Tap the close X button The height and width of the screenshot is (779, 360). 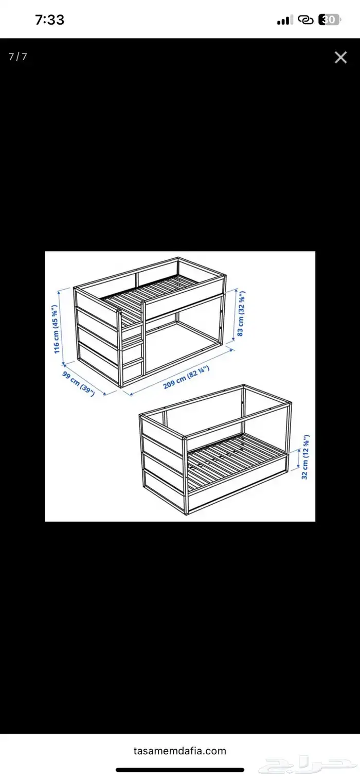click(x=340, y=58)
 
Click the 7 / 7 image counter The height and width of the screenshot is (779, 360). click(x=17, y=56)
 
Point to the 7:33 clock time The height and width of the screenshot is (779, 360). click(x=50, y=20)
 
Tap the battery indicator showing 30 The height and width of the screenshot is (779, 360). click(x=329, y=20)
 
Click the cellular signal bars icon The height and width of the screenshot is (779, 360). click(x=285, y=20)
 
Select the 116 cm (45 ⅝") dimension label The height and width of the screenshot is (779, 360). click(x=56, y=329)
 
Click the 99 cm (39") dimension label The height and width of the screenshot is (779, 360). click(x=79, y=384)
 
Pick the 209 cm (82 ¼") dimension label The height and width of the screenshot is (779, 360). click(x=186, y=377)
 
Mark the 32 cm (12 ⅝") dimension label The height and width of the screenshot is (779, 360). click(x=305, y=457)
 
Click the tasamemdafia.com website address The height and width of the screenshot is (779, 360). click(x=179, y=751)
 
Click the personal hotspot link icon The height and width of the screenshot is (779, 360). click(x=306, y=20)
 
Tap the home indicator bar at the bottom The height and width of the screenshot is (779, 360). click(x=180, y=770)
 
